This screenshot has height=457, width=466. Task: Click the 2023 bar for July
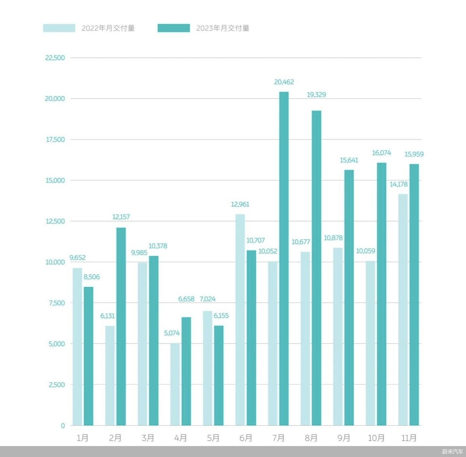tap(284, 259)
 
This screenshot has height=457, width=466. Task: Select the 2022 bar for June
tap(240, 320)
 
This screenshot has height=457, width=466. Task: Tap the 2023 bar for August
tap(317, 268)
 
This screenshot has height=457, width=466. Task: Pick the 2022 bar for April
tap(175, 384)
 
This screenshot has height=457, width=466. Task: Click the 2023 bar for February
tap(121, 326)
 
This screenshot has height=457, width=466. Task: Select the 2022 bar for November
tap(403, 310)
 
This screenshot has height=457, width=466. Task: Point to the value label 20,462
tap(284, 82)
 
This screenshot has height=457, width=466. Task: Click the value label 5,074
tap(172, 333)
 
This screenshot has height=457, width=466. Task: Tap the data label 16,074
tap(381, 153)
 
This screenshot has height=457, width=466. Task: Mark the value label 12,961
tap(240, 204)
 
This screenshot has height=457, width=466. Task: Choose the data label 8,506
tap(91, 277)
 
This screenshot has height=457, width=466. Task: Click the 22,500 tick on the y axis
tap(55, 58)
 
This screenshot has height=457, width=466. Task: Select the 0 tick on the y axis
tap(63, 425)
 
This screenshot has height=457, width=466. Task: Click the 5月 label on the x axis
tap(213, 438)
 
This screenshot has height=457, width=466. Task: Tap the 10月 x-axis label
tap(376, 438)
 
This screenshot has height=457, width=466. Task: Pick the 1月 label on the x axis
tap(83, 438)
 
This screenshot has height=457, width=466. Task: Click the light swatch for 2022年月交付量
tap(59, 28)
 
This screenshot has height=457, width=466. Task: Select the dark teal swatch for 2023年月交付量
tap(174, 28)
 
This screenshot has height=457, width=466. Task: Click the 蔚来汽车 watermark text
tap(452, 452)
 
